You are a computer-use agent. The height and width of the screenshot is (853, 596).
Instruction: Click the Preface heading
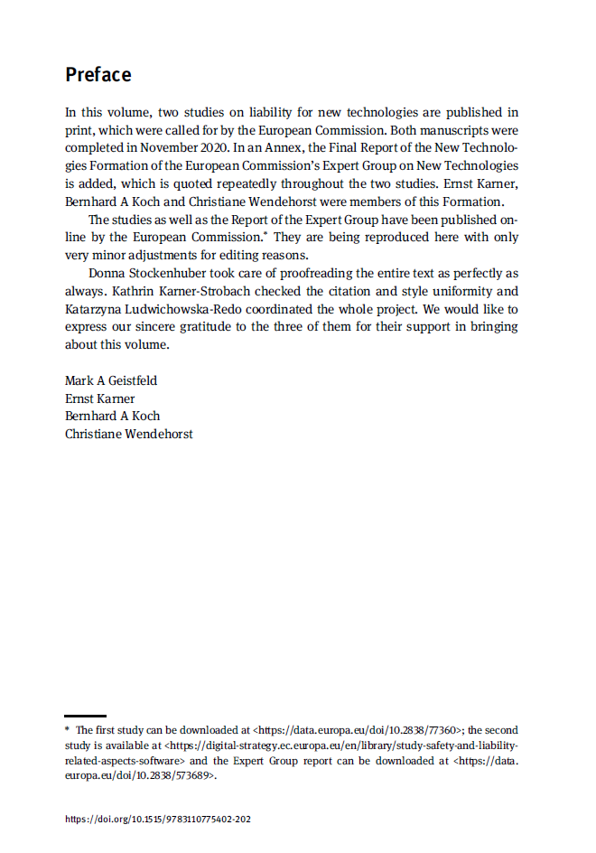(98, 75)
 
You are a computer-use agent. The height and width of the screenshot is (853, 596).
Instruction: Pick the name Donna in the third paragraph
(107, 273)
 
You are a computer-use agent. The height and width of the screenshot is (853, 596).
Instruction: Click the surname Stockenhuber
(172, 273)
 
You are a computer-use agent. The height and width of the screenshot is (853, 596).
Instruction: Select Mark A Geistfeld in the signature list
(112, 380)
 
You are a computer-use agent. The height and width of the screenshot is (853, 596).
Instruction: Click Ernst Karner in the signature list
(99, 398)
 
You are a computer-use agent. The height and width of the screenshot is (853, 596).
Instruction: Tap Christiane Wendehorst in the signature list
(128, 434)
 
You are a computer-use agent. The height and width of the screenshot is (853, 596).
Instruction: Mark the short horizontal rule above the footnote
(85, 716)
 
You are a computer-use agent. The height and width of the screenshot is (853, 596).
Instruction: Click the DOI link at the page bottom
(157, 820)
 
